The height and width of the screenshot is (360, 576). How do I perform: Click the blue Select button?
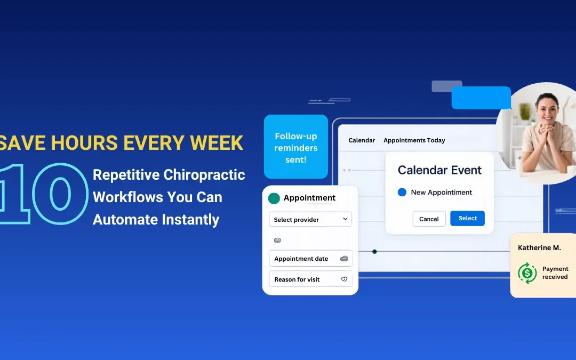[467, 218]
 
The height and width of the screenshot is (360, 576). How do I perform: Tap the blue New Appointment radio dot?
[402, 192]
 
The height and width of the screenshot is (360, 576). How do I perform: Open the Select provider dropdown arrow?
[345, 219]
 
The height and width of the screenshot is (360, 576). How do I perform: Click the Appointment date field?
[310, 259]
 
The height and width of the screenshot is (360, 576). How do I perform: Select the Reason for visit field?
[310, 279]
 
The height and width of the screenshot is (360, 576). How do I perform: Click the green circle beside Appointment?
[274, 198]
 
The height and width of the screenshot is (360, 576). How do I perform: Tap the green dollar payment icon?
[527, 273]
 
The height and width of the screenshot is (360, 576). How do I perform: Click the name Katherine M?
[539, 248]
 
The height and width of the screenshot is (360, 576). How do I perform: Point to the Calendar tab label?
[362, 140]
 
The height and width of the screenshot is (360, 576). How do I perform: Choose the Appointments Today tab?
[414, 140]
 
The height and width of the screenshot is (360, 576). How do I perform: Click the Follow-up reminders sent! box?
[296, 147]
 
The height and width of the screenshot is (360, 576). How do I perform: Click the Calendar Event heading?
[439, 170]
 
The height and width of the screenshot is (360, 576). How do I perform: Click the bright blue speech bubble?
[481, 98]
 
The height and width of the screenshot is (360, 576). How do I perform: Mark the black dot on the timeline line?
[374, 251]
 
